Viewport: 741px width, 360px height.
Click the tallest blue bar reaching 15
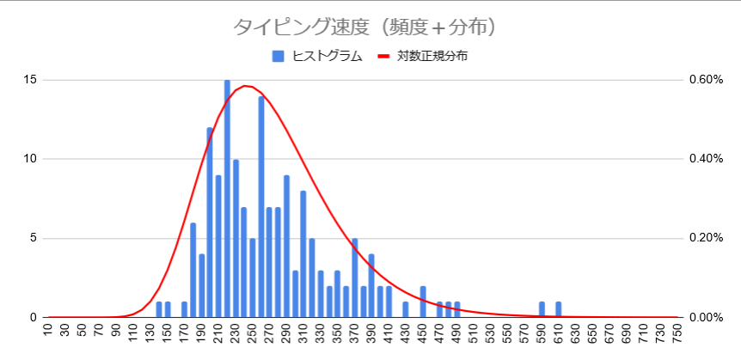pos(227,198)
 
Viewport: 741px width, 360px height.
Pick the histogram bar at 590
pos(542,310)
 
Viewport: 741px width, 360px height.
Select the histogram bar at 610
pos(559,310)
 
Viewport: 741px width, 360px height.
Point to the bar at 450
pos(423,302)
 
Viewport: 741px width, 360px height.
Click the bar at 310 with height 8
pos(303,254)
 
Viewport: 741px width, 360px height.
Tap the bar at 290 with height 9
pos(286,247)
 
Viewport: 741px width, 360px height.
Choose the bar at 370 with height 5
pos(354,278)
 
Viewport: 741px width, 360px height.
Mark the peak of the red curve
pos(246,86)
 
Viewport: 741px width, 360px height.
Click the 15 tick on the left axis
pos(30,80)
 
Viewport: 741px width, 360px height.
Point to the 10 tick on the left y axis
pos(30,159)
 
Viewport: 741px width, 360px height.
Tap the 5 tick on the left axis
pos(33,238)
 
